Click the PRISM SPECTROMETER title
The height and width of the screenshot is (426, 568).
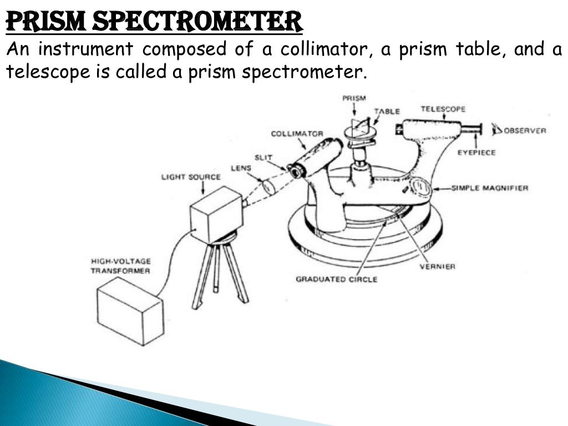pos(154,22)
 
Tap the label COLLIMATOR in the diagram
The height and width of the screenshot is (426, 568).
pos(297,134)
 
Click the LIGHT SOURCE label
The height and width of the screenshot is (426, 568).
pos(190,177)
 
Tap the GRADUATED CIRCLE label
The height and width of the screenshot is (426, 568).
pos(336,279)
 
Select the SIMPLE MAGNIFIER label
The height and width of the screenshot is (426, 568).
pos(490,188)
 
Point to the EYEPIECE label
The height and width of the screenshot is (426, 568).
pos(476,152)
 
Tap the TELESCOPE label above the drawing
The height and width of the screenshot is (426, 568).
pos(443,109)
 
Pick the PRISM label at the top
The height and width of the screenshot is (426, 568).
pos(353,98)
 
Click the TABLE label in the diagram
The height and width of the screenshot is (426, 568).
pos(386,111)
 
